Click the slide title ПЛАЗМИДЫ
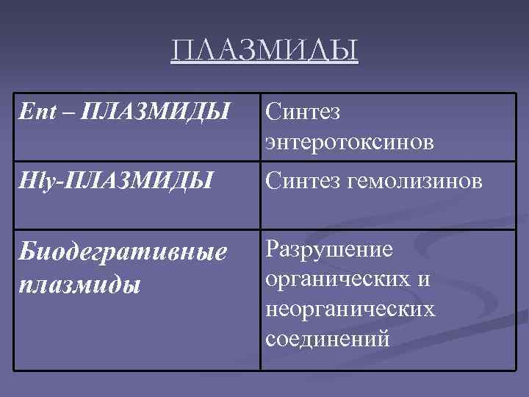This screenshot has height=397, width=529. (x=264, y=52)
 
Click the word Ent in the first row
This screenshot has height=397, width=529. (x=34, y=113)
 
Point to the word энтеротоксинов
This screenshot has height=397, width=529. (x=350, y=142)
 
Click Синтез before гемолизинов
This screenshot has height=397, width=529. (x=303, y=180)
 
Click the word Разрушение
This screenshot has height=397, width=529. (x=330, y=250)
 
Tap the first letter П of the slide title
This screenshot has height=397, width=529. (x=181, y=52)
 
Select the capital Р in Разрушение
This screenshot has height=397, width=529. (x=272, y=250)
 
